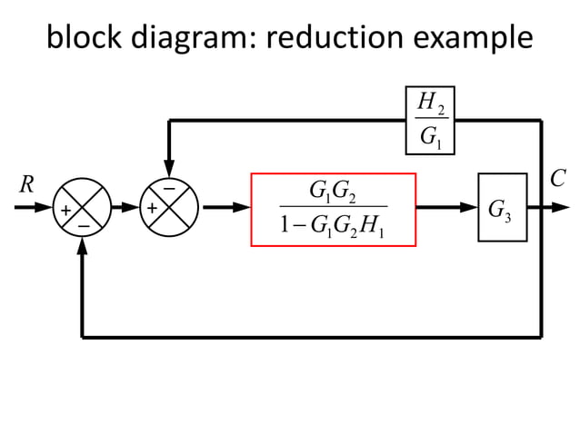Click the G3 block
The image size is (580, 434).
point(502,208)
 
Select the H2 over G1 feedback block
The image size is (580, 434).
point(429,120)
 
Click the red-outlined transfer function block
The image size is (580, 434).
point(334,209)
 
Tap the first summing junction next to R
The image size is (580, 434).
point(83,208)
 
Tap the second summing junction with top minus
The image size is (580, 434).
point(170,208)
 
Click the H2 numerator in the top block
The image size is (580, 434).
point(428,104)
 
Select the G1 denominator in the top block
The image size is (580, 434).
point(428,138)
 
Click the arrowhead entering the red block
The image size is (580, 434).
point(243,208)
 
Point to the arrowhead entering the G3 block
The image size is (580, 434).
point(470,208)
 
